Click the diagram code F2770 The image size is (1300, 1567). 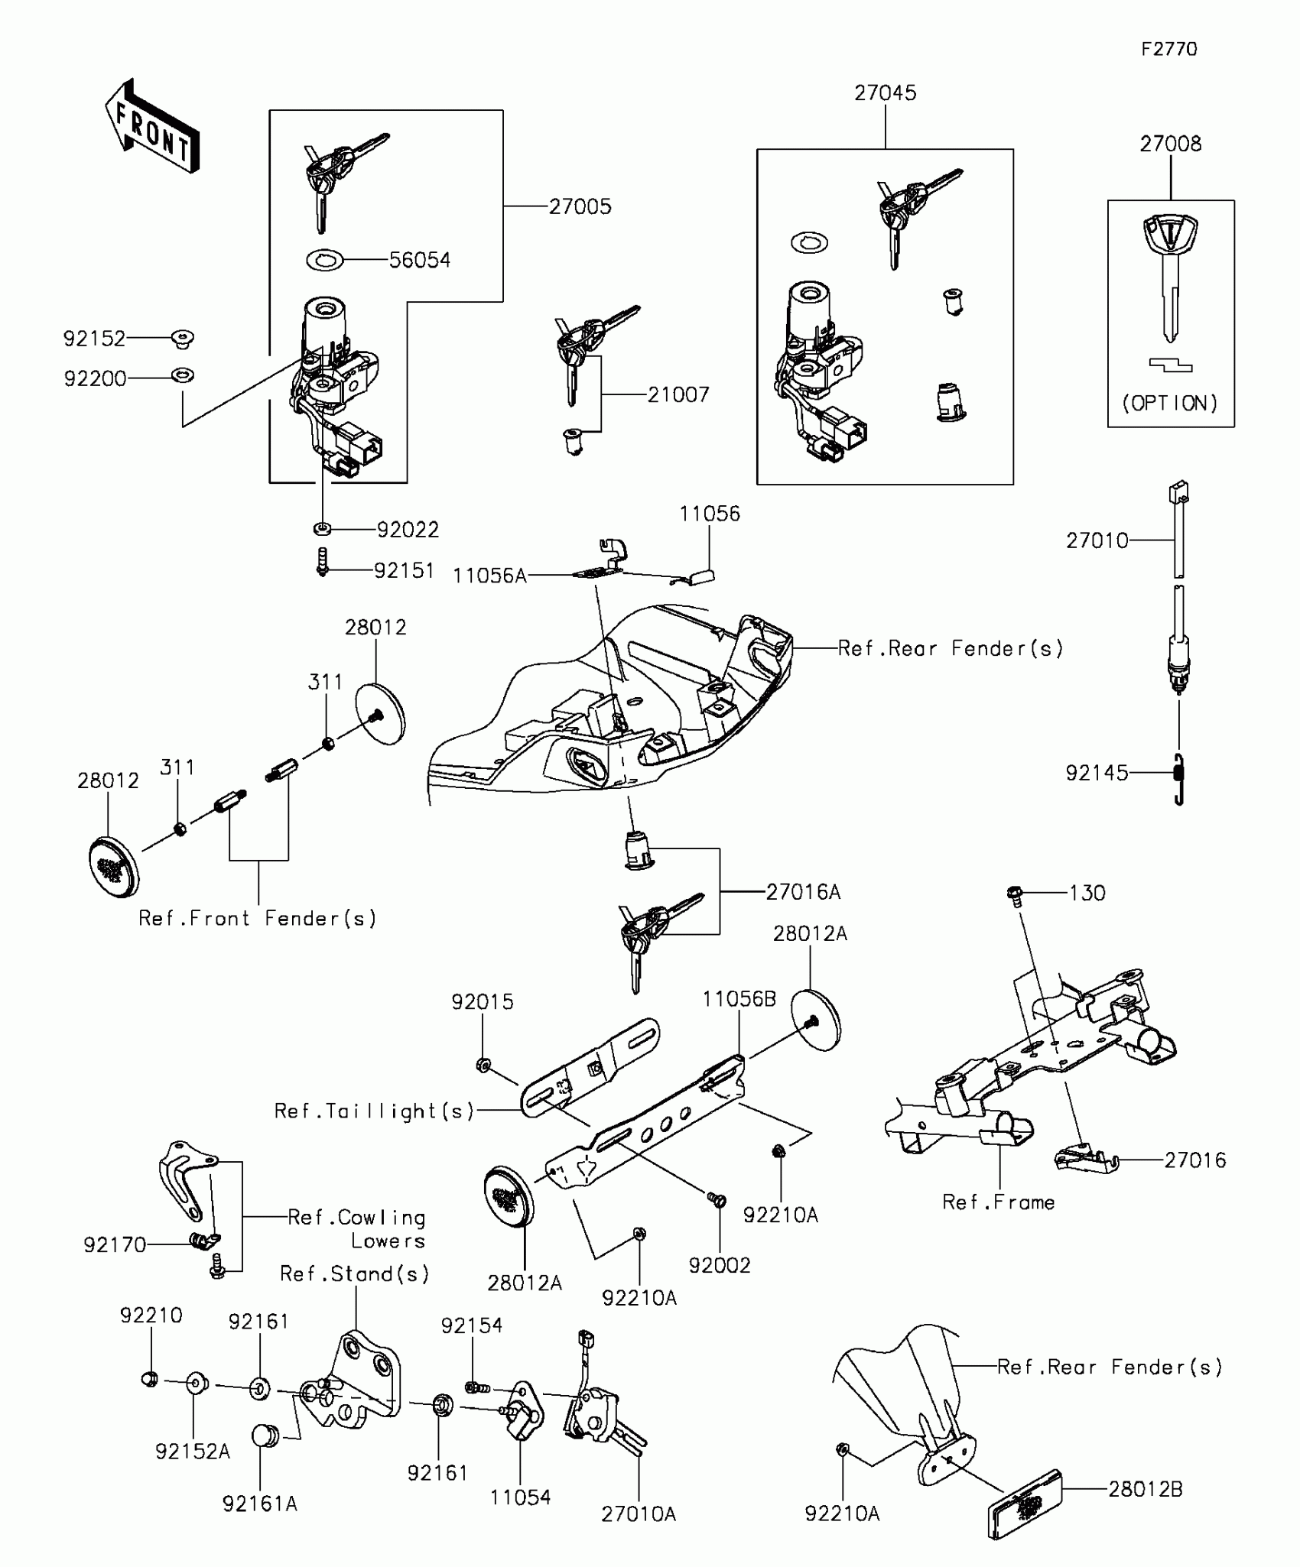pos(1169,49)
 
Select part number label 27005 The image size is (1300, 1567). pos(580,206)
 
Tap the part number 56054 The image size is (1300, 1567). pos(420,260)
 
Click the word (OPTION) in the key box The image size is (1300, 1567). pos(1170,403)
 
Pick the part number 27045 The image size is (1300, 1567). pos(886,92)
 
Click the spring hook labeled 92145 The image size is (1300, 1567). pos(1179,779)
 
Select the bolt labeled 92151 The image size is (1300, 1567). pos(323,562)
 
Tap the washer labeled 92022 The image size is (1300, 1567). pos(323,528)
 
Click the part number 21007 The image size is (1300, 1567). pos(678,394)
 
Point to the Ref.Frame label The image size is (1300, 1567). pos(998,1202)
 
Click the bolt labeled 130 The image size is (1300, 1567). pos(1016,894)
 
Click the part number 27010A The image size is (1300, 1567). pos(639,1514)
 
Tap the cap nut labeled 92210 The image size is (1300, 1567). pos(151,1379)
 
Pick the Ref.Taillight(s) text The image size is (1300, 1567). pos(375,1111)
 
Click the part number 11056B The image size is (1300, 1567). pos(739,999)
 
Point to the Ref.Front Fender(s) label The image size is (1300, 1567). pos(258,918)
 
